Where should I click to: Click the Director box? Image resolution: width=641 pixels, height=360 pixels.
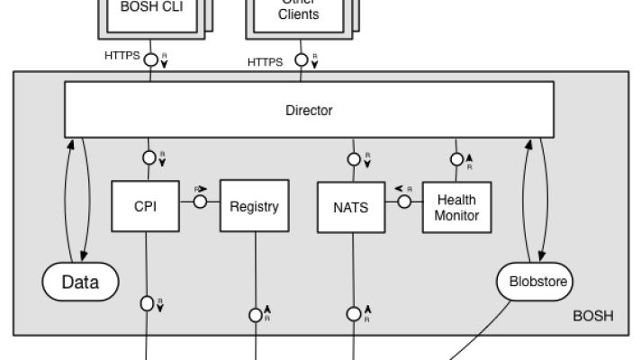tap(309, 112)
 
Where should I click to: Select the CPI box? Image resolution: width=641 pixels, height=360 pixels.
tap(145, 205)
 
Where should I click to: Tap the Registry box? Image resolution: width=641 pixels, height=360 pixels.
tap(254, 205)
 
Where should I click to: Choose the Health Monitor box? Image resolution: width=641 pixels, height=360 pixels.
tap(456, 205)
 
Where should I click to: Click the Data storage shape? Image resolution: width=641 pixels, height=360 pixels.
tap(79, 281)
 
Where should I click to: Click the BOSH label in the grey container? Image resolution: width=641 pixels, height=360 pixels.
tap(593, 317)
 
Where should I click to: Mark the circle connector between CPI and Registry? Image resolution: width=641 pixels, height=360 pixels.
tap(199, 202)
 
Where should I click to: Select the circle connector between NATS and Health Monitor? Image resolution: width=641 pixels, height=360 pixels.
tap(404, 202)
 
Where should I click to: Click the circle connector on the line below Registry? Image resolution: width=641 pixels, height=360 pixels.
tap(255, 315)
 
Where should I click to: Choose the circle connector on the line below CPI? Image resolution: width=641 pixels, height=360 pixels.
tap(147, 302)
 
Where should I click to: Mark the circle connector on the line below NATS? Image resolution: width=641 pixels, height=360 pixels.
tap(353, 314)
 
